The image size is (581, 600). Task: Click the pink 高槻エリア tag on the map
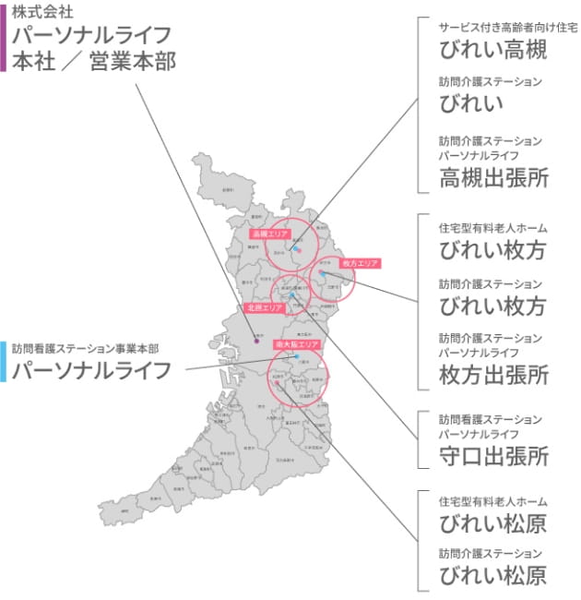[270, 234]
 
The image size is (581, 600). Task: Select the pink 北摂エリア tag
[264, 306]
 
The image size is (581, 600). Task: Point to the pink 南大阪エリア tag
[297, 343]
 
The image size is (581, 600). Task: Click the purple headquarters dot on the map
[256, 342]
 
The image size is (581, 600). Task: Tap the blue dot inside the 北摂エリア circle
[291, 294]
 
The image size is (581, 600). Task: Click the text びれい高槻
[493, 49]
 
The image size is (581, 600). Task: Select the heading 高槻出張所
[493, 177]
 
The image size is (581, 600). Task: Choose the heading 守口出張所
[493, 456]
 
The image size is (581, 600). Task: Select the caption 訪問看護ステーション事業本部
[86, 349]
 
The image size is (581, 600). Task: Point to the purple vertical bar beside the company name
[4, 37]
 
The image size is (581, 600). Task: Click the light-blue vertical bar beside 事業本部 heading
[4, 361]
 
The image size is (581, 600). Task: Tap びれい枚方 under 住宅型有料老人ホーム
[493, 249]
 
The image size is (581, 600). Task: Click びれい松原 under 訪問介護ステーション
[493, 576]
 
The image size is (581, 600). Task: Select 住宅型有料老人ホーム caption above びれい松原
[493, 501]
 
